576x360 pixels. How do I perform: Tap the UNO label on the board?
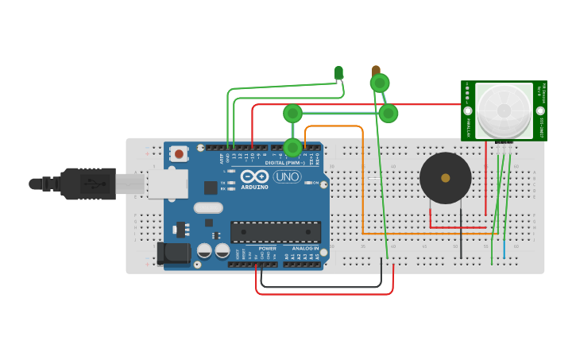[x=287, y=176]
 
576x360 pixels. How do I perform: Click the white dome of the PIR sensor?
[x=503, y=110]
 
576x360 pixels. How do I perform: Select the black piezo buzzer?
[x=445, y=178]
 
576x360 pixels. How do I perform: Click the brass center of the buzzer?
[x=445, y=178]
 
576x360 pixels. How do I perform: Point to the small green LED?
[x=339, y=73]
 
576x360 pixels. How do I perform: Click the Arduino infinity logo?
[x=255, y=176]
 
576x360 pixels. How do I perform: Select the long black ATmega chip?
[x=276, y=232]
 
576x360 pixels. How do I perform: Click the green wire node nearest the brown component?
[x=380, y=83]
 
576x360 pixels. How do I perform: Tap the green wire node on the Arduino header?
[x=292, y=147]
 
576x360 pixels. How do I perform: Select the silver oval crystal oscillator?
[x=207, y=208]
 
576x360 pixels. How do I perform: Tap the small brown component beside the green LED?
[x=375, y=72]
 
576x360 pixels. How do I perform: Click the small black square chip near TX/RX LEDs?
[x=211, y=188]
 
